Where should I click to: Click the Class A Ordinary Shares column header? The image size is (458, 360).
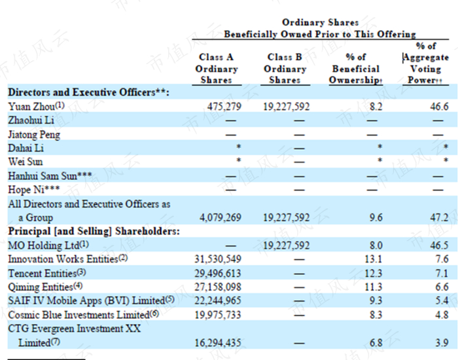[217, 68]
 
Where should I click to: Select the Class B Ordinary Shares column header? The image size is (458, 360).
[285, 68]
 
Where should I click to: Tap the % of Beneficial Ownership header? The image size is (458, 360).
[356, 68]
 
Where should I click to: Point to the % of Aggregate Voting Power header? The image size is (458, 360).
[425, 63]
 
